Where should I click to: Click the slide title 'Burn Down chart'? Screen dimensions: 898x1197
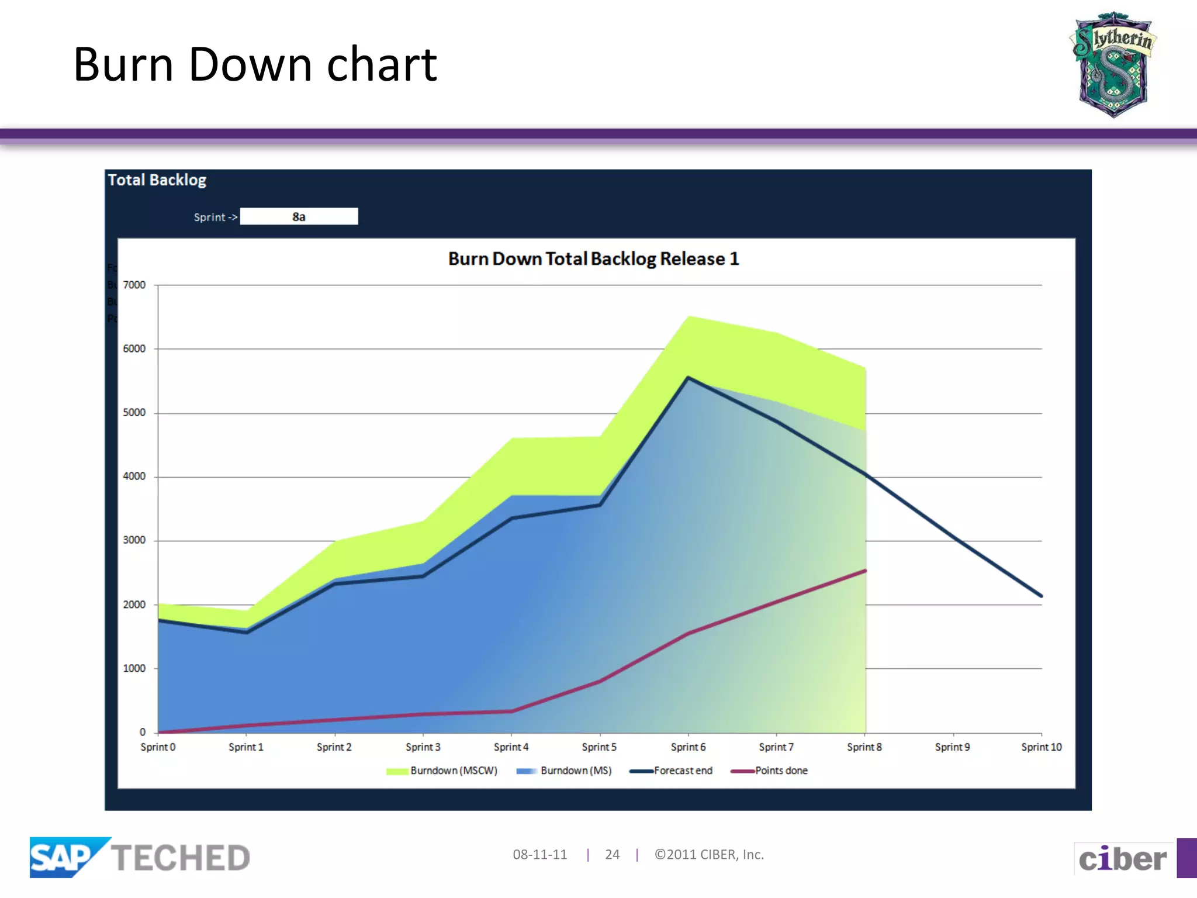pos(255,64)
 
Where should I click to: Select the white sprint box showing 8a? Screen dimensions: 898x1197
pos(299,217)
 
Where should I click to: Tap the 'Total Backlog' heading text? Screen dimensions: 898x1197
pos(157,180)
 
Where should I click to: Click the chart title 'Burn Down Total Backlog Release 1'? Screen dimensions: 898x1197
pos(593,259)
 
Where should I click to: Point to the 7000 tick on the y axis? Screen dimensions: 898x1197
pos(134,285)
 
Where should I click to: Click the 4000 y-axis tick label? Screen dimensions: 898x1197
pos(134,476)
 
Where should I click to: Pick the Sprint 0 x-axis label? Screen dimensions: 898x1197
pos(158,747)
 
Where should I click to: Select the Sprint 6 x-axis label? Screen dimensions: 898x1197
pos(688,747)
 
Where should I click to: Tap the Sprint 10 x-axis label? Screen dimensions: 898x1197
pos(1041,747)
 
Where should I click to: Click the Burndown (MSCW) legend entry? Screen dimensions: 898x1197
pos(442,771)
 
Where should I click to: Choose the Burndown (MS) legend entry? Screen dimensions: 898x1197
pos(565,771)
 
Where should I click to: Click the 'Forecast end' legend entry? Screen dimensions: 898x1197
pos(672,771)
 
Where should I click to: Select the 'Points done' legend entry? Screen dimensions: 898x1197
pos(770,771)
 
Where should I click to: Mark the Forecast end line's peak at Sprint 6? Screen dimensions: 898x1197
pos(688,378)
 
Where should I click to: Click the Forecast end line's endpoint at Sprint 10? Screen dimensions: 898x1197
pos(1041,596)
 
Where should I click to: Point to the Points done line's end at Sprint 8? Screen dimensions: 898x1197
pos(864,571)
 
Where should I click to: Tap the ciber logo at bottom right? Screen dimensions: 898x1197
pos(1122,859)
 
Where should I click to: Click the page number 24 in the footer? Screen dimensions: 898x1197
pos(612,855)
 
